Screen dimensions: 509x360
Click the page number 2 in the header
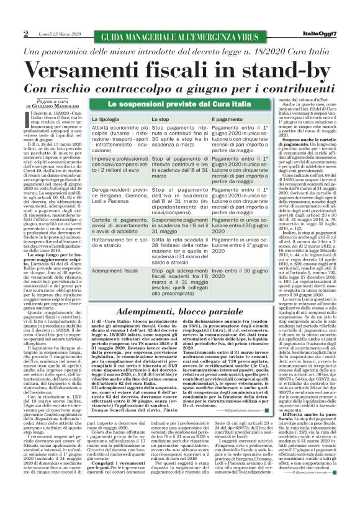26,33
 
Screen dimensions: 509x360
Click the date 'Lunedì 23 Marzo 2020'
53,34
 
